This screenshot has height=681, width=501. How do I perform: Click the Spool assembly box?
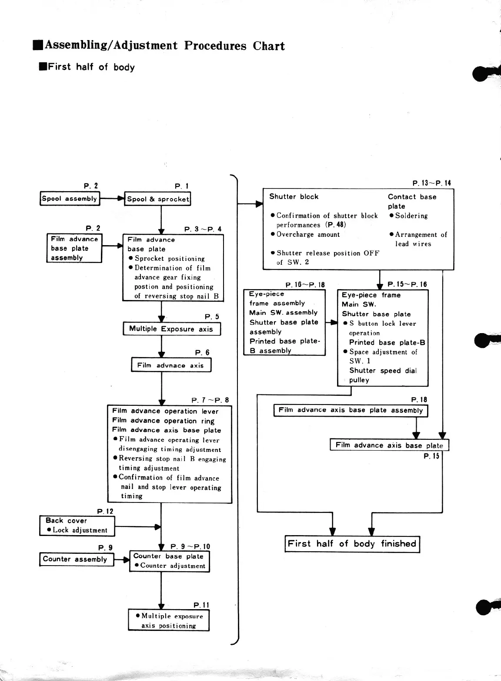pyautogui.click(x=70, y=199)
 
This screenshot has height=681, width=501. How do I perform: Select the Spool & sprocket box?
pyautogui.click(x=158, y=199)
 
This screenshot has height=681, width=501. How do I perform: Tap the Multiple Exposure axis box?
pyautogui.click(x=171, y=329)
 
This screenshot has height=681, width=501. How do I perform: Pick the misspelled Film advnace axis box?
pyautogui.click(x=170, y=365)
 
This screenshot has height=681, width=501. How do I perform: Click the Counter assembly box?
pyautogui.click(x=76, y=559)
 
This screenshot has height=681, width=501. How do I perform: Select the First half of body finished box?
pyautogui.click(x=352, y=544)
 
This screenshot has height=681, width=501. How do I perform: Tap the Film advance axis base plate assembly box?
pyautogui.click(x=351, y=410)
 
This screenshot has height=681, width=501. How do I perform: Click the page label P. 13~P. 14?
pyautogui.click(x=431, y=183)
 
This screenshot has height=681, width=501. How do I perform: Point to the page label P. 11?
pyautogui.click(x=201, y=605)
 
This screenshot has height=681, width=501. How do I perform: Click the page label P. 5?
pyautogui.click(x=212, y=317)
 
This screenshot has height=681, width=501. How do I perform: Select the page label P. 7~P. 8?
pyautogui.click(x=210, y=400)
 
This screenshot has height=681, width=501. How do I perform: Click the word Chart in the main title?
pyautogui.click(x=269, y=46)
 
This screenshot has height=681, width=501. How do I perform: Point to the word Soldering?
pyautogui.click(x=411, y=216)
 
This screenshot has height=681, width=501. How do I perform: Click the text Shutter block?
pyautogui.click(x=294, y=196)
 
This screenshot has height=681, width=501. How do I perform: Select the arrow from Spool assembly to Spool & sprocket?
pyautogui.click(x=112, y=199)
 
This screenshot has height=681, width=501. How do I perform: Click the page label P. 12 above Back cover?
pyautogui.click(x=105, y=511)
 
